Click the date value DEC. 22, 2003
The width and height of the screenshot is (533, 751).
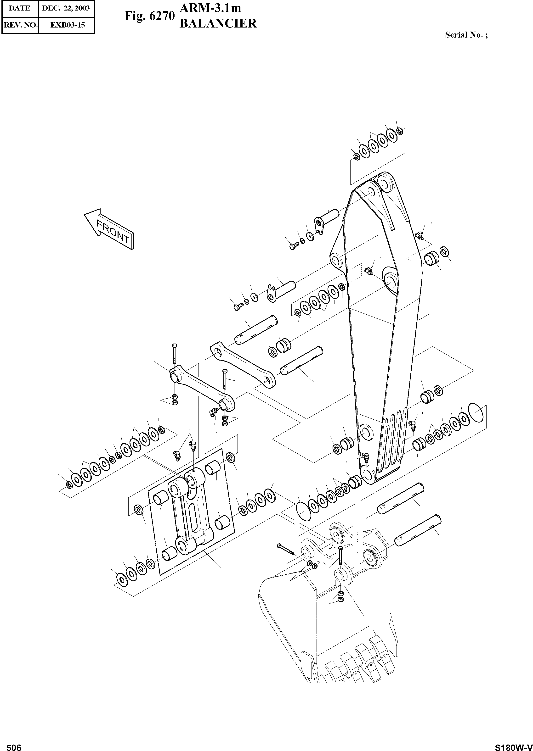point(66,8)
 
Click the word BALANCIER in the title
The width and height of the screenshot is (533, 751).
point(218,24)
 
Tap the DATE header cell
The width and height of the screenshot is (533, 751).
point(19,8)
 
